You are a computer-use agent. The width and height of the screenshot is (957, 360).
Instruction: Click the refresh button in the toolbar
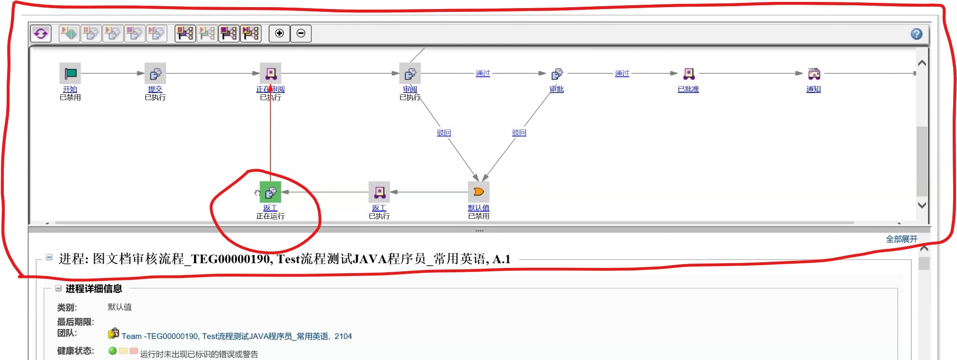click(x=41, y=33)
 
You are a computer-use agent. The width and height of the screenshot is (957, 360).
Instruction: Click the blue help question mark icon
click(x=916, y=34)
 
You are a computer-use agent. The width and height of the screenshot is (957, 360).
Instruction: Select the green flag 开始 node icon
click(x=70, y=73)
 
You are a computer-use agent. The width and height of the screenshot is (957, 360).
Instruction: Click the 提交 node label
click(x=155, y=89)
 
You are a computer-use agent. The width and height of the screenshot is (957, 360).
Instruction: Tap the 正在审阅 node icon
click(x=270, y=73)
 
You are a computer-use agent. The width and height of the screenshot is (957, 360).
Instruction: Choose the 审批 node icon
click(x=557, y=74)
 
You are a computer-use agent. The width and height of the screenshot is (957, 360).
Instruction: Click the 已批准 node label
click(x=688, y=89)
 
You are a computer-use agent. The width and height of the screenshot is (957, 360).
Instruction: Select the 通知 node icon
click(x=814, y=73)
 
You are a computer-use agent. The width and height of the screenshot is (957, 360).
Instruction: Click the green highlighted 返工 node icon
click(x=270, y=192)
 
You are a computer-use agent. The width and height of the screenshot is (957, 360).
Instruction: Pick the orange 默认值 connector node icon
click(x=478, y=192)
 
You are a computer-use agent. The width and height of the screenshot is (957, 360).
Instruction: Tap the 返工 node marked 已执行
click(x=379, y=192)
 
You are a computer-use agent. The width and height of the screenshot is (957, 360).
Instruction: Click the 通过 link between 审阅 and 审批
click(x=483, y=73)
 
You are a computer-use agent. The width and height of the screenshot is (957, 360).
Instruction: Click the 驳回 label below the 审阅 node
click(x=444, y=133)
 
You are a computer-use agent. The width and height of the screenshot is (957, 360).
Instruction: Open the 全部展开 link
click(x=901, y=239)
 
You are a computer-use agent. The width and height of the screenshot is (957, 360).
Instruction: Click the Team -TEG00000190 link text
click(x=237, y=336)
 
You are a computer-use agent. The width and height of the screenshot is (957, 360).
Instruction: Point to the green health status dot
click(x=113, y=351)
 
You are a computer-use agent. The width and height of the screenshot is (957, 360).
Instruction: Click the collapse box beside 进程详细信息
click(x=58, y=288)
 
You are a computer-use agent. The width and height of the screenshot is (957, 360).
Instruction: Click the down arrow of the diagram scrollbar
click(x=922, y=205)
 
